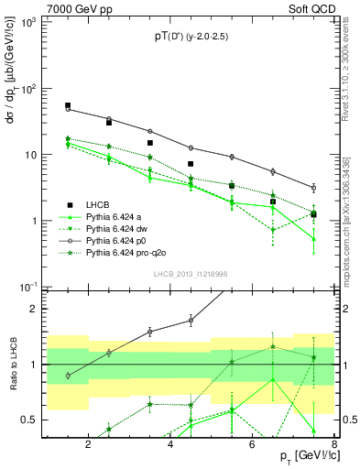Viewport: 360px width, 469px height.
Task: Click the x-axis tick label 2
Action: pyautogui.click(x=88, y=446)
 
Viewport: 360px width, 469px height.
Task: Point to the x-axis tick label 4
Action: pyautogui.click(x=172, y=446)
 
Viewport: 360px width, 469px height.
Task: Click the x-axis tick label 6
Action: pyautogui.click(x=256, y=446)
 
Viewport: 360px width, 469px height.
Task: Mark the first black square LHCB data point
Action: pyautogui.click(x=68, y=106)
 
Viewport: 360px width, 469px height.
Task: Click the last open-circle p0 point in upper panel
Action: pyautogui.click(x=313, y=188)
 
